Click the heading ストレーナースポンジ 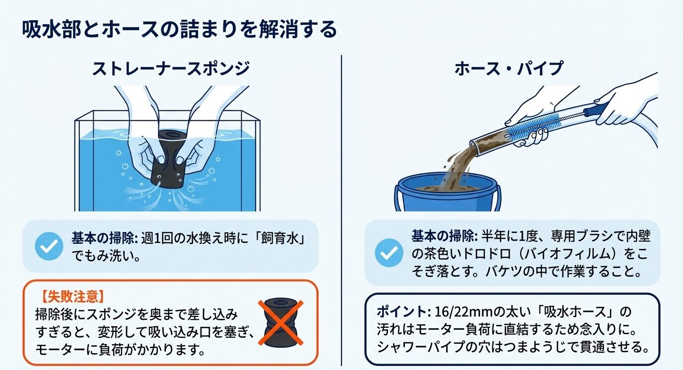pyautogui.click(x=170, y=68)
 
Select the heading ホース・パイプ pyautogui.click(x=509, y=68)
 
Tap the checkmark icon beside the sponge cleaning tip pyautogui.click(x=49, y=246)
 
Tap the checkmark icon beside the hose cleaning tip pyautogui.click(x=389, y=253)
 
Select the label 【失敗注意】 pyautogui.click(x=72, y=297)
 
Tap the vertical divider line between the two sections pyautogui.click(x=341, y=209)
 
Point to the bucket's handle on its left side pyautogui.click(x=398, y=199)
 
